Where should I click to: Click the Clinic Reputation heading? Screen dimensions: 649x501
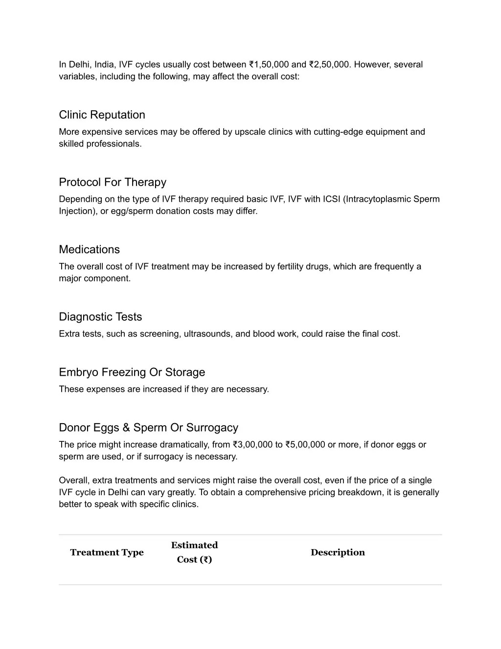pyautogui.click(x=102, y=115)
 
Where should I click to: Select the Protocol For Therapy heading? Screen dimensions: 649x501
pyautogui.click(x=113, y=182)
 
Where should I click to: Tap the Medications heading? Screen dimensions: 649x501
pyautogui.click(x=89, y=249)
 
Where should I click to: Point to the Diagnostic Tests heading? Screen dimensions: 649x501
pyautogui.click(x=100, y=317)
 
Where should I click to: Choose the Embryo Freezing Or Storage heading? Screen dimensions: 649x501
pyautogui.click(x=132, y=372)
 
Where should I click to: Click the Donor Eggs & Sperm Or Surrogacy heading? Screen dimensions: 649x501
pyautogui.click(x=148, y=428)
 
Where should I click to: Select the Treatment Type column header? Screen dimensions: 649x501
pyautogui.click(x=107, y=553)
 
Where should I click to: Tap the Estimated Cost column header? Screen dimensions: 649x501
pyautogui.click(x=194, y=552)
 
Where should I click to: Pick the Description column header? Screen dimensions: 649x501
pyautogui.click(x=338, y=553)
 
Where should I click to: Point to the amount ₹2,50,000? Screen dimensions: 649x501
pyautogui.click(x=329, y=65)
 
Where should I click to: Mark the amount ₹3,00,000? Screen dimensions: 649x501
pyautogui.click(x=252, y=445)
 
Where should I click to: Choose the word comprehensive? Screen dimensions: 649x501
pyautogui.click(x=275, y=492)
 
